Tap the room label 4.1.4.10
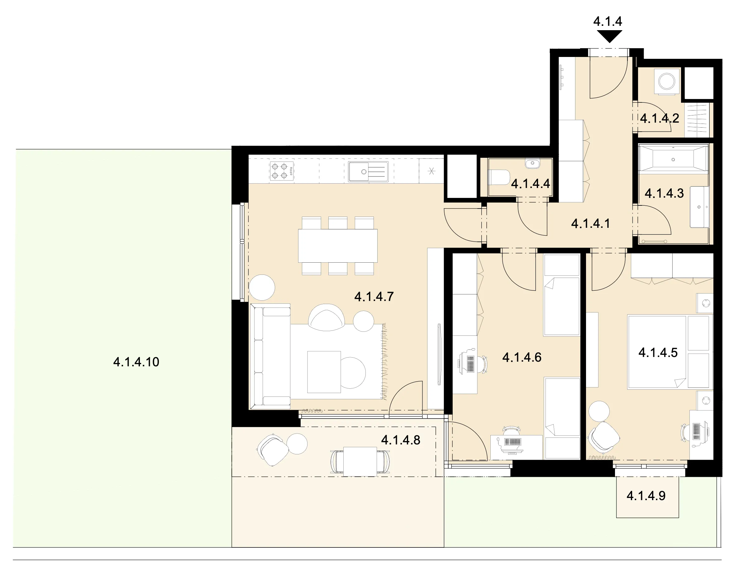coord(136,362)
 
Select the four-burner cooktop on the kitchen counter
coord(282,171)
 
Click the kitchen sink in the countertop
coord(368,171)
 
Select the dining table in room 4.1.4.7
coord(337,246)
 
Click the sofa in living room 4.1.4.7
coord(270,355)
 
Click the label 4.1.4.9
coord(646,496)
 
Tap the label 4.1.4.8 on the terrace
coord(401,440)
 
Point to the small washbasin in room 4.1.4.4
coord(533,164)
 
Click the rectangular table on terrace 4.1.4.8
coord(360,462)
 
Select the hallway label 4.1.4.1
coord(591,224)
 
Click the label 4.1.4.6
coord(522,357)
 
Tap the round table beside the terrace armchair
coord(297,444)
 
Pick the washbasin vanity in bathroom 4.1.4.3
coord(699,207)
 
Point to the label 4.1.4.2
coord(660,119)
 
